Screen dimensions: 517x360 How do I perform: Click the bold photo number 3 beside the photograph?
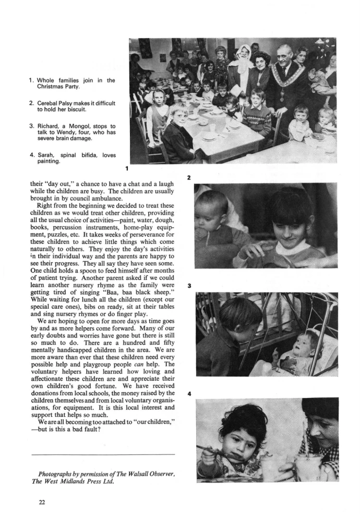click(x=189, y=286)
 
